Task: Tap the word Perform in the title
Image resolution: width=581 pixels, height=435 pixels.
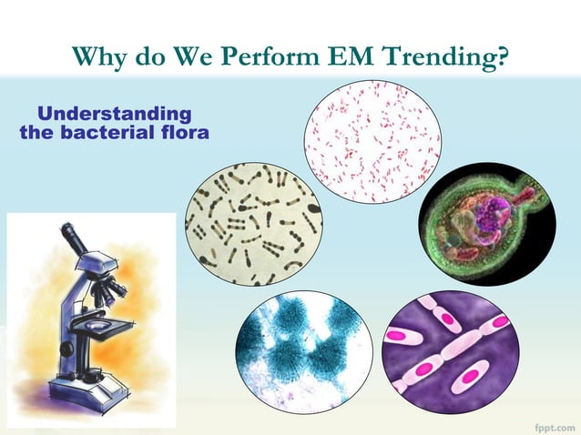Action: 280,57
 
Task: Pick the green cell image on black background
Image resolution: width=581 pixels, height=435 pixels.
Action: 486,224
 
